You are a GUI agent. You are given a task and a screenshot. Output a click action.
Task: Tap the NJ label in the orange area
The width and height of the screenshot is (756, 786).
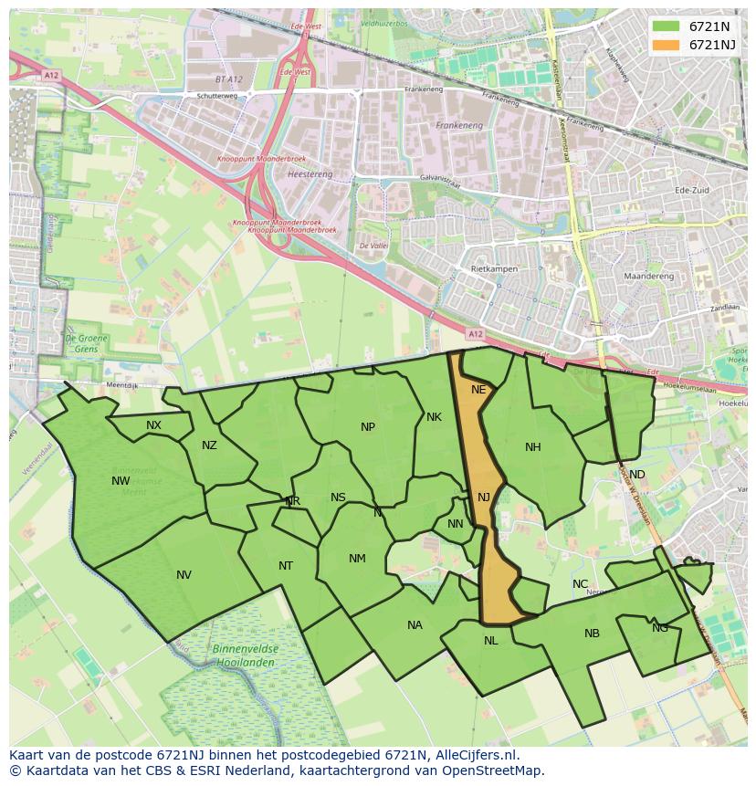484,498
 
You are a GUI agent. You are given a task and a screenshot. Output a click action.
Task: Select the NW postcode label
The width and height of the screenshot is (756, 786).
121,481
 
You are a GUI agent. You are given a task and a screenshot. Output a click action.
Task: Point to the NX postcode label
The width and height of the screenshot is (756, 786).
153,425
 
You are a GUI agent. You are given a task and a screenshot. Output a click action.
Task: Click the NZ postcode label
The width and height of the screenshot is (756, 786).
209,445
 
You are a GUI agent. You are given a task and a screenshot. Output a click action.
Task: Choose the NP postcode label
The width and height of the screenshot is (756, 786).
368,427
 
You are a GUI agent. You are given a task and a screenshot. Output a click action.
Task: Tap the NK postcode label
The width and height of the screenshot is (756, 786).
434,417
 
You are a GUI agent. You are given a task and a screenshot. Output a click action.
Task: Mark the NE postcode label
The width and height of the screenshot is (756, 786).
478,390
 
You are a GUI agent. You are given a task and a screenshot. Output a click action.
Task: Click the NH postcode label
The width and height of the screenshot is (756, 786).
533,447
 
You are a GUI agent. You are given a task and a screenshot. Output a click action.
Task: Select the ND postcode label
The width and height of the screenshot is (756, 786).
636,475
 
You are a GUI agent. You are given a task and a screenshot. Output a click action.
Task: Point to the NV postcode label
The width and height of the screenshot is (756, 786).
184,575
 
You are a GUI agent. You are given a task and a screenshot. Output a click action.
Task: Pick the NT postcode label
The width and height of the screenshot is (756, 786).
286,566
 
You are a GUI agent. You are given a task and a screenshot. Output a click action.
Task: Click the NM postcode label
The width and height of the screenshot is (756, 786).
357,559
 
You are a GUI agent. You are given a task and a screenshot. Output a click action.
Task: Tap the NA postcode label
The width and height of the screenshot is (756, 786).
415,625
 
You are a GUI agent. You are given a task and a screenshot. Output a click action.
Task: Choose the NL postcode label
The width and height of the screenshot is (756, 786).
490,641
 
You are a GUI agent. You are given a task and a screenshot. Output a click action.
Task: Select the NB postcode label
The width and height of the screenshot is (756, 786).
592,634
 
